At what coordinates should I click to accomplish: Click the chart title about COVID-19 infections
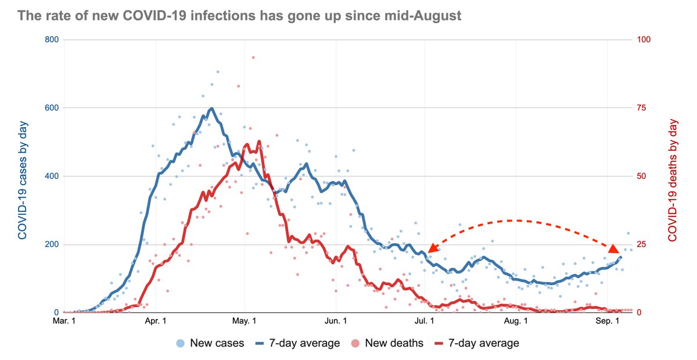pyautogui.click(x=239, y=16)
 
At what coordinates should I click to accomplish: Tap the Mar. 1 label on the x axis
pyautogui.click(x=64, y=321)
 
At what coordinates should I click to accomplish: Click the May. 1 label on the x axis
pyautogui.click(x=245, y=321)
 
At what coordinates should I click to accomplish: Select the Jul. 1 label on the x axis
pyautogui.click(x=426, y=321)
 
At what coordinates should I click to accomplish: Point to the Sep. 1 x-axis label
pyautogui.click(x=608, y=321)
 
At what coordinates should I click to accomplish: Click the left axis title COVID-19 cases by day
pyautogui.click(x=22, y=177)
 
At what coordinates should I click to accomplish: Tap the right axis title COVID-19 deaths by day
pyautogui.click(x=673, y=177)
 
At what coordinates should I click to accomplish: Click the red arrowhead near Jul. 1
pyautogui.click(x=433, y=249)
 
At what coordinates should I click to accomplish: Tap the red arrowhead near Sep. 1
pyautogui.click(x=613, y=249)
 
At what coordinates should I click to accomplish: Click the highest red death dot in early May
pyautogui.click(x=253, y=57)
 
